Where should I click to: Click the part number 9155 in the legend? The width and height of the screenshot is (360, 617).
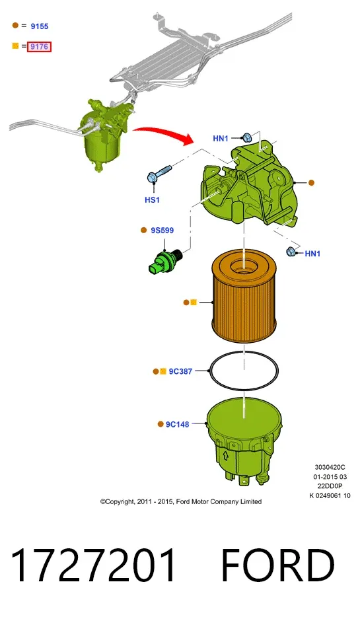pos(40,26)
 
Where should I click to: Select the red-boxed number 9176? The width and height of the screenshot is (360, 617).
pos(40,46)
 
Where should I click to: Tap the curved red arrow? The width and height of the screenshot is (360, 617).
pos(164,135)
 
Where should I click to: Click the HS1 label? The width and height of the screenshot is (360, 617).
pos(153,200)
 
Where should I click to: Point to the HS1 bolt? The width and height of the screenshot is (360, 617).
pos(159,174)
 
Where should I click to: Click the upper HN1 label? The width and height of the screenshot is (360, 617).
pos(221,138)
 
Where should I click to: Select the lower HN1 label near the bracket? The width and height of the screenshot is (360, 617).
pos(312,254)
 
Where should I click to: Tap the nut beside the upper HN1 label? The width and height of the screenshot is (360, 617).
pos(247,137)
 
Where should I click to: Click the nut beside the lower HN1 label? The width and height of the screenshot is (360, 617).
pos(291,251)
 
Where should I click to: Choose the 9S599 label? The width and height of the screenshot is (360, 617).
pos(162,230)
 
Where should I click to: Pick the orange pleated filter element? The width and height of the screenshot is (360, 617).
pos(244,297)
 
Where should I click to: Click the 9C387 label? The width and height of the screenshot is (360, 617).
pos(180,371)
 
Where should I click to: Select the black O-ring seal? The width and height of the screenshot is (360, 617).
pos(211,371)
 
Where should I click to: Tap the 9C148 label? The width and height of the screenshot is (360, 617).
pos(178,424)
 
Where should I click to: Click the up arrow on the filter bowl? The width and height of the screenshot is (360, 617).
pos(226,456)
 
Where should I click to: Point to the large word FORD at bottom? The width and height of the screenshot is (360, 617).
pos(279,565)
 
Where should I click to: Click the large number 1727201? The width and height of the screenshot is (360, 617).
pos(93,565)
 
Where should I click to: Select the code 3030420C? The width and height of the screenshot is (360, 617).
pos(330,467)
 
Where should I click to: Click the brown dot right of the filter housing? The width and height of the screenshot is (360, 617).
pos(311,182)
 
